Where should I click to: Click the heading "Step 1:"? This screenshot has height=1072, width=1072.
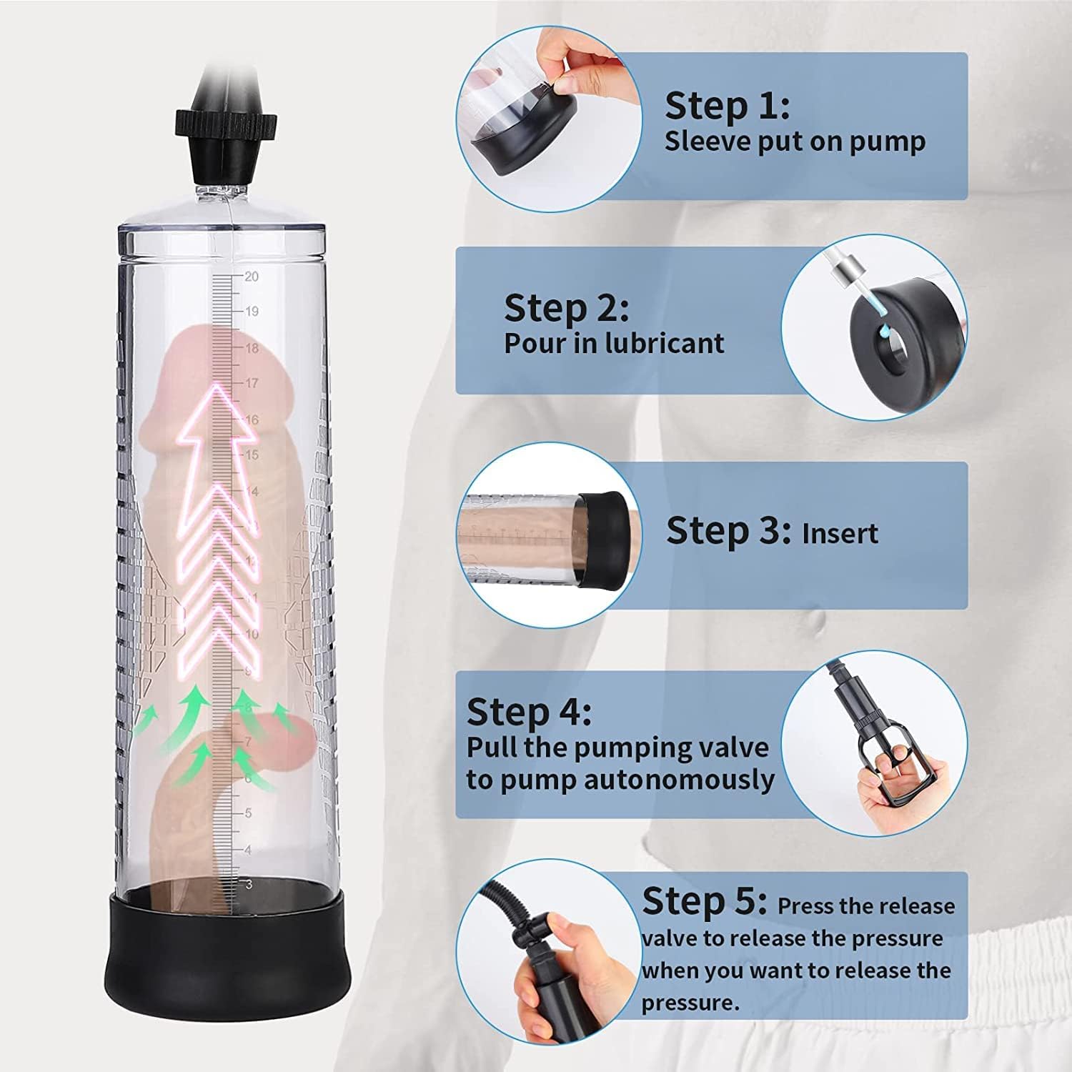pos(727,105)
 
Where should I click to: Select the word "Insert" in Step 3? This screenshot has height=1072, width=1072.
pos(840,533)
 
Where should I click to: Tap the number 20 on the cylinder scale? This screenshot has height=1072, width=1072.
pos(252,277)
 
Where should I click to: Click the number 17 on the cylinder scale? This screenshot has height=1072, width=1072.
pos(252,383)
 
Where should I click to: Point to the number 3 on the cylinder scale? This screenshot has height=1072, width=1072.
pos(249,885)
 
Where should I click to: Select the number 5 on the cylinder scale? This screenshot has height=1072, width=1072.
pos(248,813)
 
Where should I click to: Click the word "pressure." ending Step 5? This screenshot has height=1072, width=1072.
pos(680,1003)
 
